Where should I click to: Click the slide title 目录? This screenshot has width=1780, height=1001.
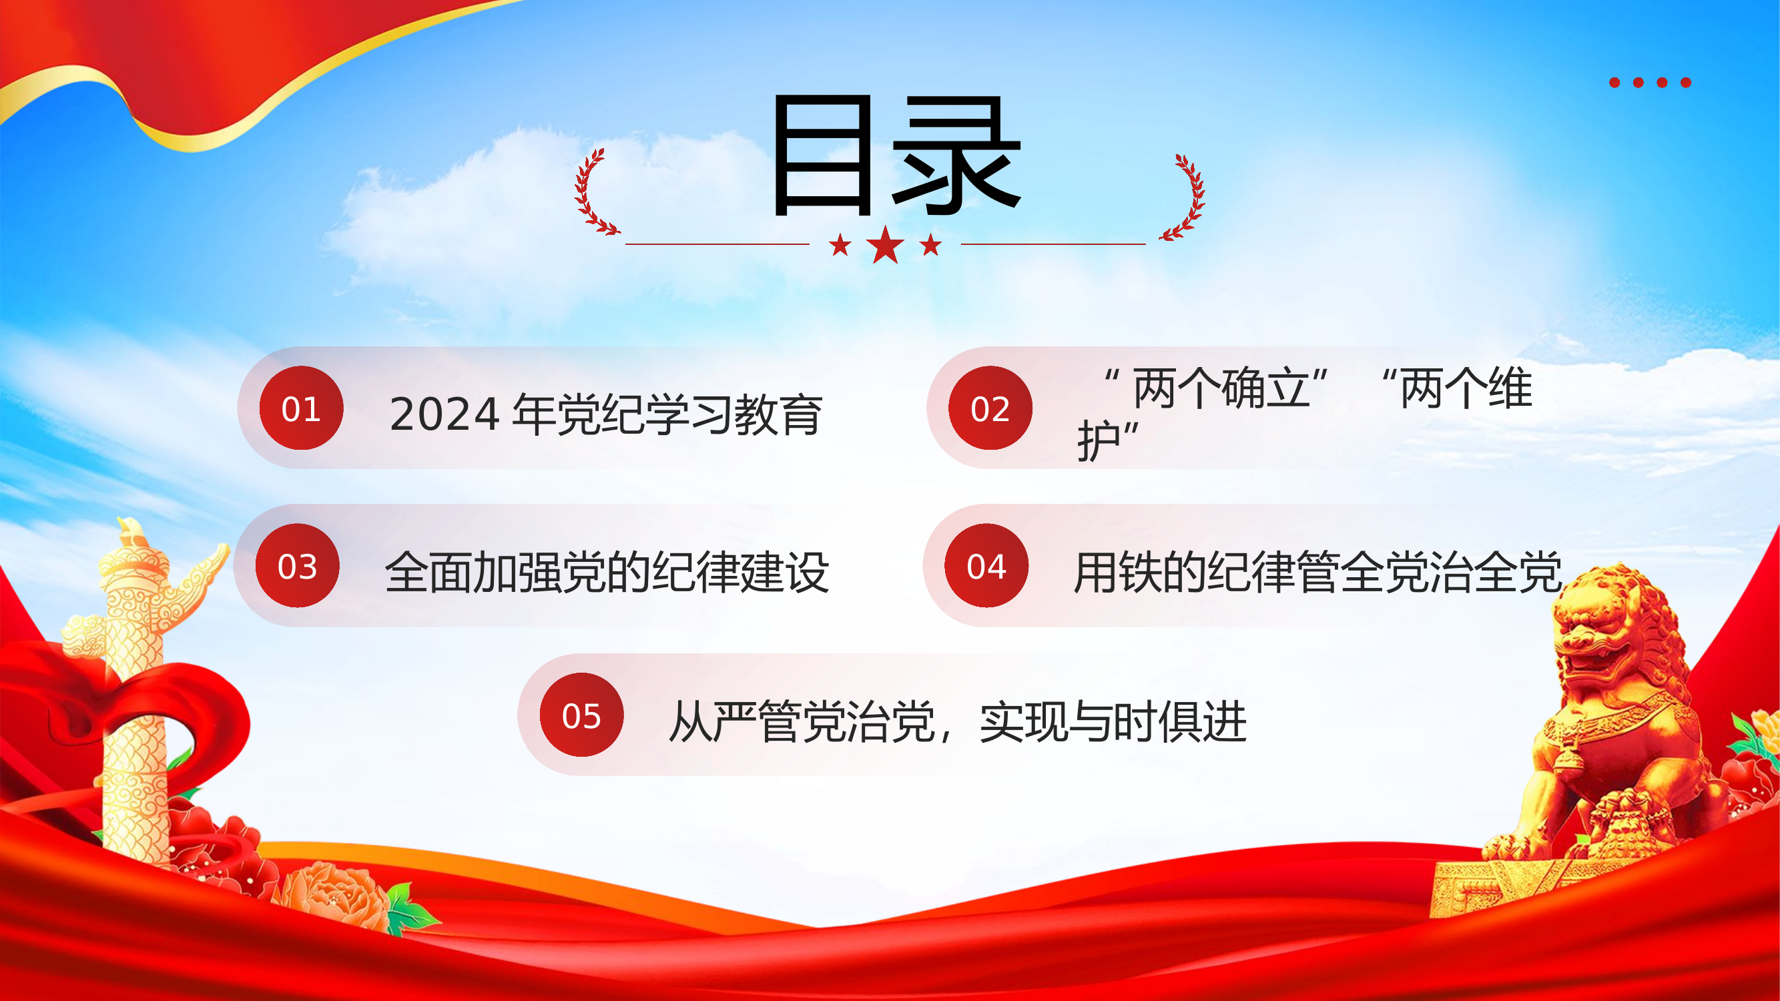click(896, 156)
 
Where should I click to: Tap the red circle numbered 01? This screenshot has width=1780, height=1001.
click(301, 408)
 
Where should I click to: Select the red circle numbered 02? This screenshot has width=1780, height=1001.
click(990, 408)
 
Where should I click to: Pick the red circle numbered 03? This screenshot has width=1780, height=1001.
click(298, 566)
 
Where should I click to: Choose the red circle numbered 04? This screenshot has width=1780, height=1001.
click(986, 566)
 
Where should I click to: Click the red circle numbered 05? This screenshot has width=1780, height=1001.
click(581, 715)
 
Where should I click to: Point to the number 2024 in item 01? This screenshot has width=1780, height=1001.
click(444, 414)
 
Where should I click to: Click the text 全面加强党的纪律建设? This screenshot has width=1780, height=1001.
click(607, 572)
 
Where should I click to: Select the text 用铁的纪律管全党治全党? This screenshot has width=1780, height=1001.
click(1317, 572)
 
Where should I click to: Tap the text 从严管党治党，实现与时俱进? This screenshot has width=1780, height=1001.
click(958, 722)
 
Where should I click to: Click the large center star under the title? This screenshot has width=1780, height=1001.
click(885, 245)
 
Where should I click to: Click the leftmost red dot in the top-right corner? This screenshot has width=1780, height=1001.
click(1614, 83)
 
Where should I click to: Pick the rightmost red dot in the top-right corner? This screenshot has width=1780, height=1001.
click(1686, 83)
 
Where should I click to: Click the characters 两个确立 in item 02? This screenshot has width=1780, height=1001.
click(1220, 388)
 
